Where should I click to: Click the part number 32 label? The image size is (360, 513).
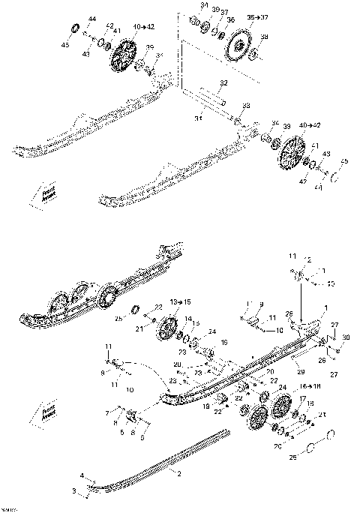(223, 82)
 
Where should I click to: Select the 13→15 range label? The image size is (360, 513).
(181, 301)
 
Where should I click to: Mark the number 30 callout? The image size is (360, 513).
(345, 338)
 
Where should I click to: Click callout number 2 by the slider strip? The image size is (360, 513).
(179, 474)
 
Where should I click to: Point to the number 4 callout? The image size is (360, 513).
(82, 475)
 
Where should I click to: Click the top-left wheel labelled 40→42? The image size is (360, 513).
(123, 56)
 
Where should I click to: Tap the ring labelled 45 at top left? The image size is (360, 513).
(76, 28)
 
